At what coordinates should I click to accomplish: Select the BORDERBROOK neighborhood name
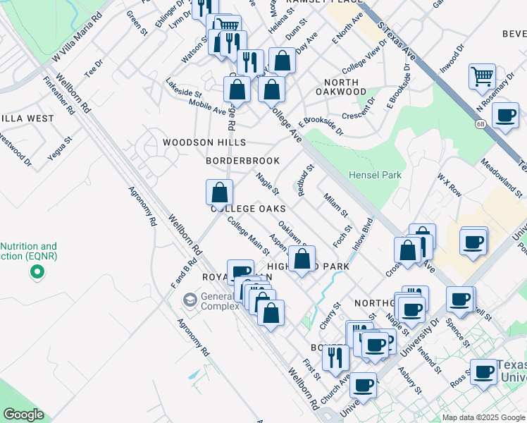point(242,161)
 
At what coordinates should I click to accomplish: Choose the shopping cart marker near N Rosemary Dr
point(482,76)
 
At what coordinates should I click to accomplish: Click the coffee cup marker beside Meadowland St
point(504,116)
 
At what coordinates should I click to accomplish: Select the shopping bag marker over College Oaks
point(220,192)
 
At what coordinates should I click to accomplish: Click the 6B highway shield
point(480,124)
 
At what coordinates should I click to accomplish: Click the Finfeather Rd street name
point(58,97)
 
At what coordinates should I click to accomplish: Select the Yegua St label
point(61,148)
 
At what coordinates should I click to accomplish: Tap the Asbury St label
point(409,380)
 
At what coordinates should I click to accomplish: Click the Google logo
point(23,415)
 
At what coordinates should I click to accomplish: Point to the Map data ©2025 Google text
point(483,417)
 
